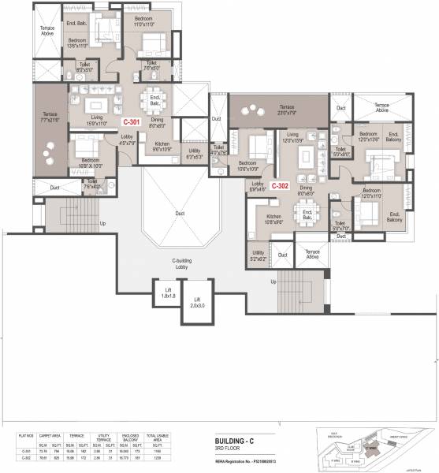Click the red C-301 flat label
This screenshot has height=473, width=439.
point(131,122)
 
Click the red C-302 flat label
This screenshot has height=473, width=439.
point(281,187)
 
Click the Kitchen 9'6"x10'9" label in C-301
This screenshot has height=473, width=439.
point(162,147)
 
